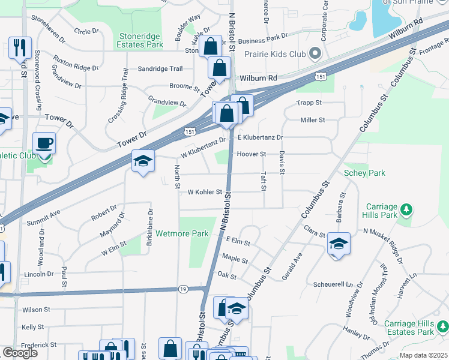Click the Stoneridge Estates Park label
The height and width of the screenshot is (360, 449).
pos(141,40)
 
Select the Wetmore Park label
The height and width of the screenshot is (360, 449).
pos(182,233)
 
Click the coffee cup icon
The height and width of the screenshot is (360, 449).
pos(44,144)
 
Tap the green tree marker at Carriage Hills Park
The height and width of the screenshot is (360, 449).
pos(407,209)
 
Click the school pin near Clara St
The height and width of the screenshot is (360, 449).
pos(339,244)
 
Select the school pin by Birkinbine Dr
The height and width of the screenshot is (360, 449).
pos(143,161)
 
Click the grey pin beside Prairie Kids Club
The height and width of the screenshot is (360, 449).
pos(314,53)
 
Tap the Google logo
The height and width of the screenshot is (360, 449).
pos(20,353)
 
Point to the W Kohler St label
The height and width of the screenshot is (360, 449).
pos(205,193)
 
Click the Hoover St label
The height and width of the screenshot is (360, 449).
pos(251,154)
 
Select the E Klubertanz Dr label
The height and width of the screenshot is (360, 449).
pos(260,137)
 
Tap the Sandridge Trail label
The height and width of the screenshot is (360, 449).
pos(160,69)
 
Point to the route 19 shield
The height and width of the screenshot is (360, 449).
pos(182,289)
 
